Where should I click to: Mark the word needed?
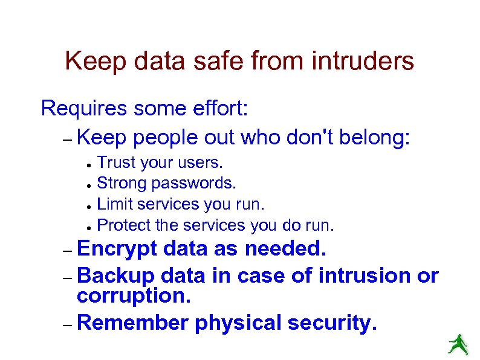(x=285, y=249)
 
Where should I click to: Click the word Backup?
(x=115, y=275)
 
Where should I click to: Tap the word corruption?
(x=134, y=296)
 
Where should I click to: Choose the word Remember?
(x=133, y=323)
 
